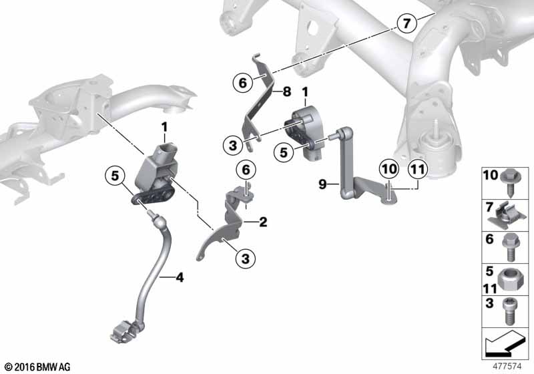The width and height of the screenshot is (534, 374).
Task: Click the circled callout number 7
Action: [407, 23]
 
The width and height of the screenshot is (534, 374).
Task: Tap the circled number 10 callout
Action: [389, 169]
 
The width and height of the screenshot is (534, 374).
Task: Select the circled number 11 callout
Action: [418, 169]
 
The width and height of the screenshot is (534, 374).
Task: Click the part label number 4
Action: [180, 278]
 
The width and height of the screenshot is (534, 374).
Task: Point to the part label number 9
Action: [322, 184]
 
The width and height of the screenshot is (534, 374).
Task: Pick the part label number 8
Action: [287, 91]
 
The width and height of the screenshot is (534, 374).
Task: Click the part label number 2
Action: [263, 222]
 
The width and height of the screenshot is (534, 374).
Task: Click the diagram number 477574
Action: [507, 367]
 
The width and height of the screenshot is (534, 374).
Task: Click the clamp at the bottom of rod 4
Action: [123, 332]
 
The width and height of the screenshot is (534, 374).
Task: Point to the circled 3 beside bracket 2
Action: [246, 259]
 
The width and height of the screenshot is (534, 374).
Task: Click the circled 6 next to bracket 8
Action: [243, 83]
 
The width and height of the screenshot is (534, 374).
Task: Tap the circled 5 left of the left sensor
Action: [115, 176]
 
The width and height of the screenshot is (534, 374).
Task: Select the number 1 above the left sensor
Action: [164, 128]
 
